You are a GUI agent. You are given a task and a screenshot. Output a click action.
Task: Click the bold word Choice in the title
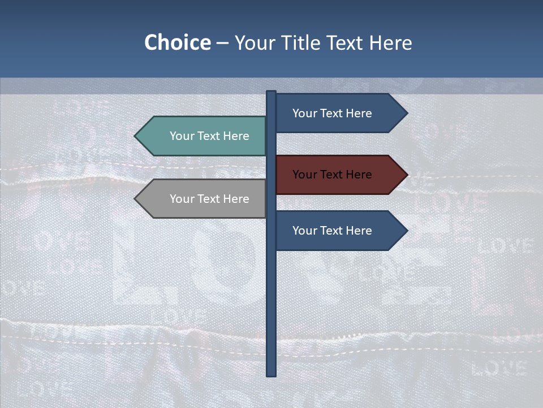[x=177, y=43]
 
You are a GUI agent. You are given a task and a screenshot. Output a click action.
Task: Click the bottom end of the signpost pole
[x=271, y=374]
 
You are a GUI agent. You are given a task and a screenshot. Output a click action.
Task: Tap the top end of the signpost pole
[x=271, y=93]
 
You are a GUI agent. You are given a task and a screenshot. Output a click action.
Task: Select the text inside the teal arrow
[x=209, y=136]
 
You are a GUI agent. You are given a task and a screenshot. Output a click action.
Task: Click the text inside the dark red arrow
[x=332, y=175]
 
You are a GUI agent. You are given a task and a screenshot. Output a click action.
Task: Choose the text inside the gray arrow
[x=209, y=199]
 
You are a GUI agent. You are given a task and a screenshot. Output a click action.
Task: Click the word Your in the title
[x=254, y=43]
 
